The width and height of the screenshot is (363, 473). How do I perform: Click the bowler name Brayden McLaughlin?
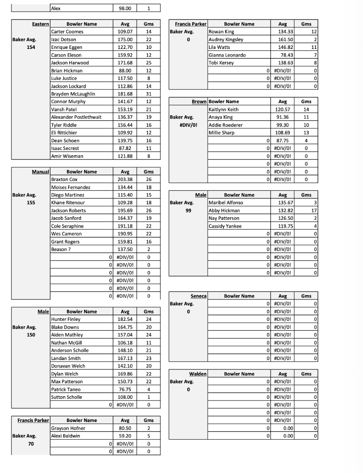[73, 94]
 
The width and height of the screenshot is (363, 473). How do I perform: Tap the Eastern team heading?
[40, 24]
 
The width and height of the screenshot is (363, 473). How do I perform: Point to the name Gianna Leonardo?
[226, 55]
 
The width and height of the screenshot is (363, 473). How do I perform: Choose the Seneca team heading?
[199, 296]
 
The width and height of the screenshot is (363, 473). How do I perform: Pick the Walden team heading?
[198, 374]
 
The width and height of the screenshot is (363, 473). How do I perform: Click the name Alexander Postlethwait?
[76, 117]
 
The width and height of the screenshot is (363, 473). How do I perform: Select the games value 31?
[148, 94]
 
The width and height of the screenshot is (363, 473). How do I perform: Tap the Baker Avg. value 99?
[188, 210]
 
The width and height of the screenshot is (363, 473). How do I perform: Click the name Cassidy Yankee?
[225, 226]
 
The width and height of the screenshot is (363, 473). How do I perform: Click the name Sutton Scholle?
[66, 397]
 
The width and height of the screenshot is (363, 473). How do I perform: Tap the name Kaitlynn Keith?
[224, 109]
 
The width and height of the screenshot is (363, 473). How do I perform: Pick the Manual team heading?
[41, 172]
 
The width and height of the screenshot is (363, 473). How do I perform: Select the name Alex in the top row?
[56, 8]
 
